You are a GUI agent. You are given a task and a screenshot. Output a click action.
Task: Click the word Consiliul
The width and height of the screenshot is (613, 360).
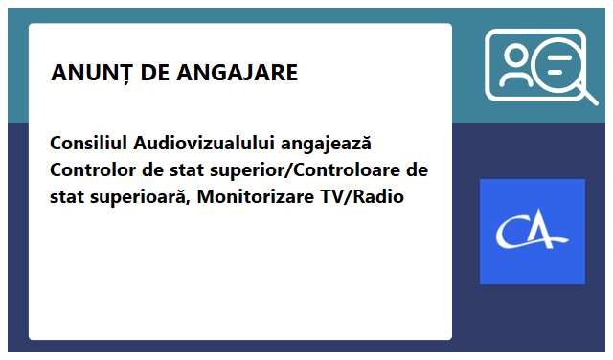[x=89, y=144]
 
